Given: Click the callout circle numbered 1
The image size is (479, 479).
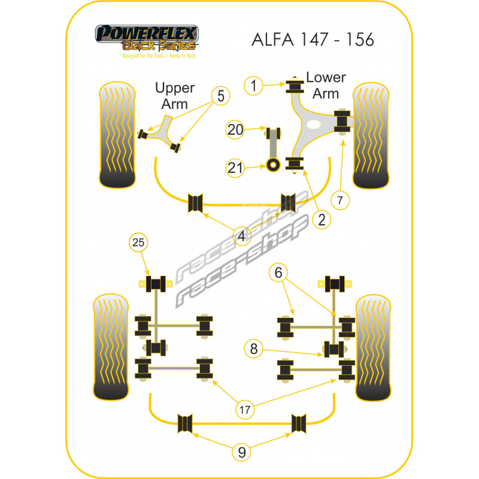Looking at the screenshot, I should pos(254,86).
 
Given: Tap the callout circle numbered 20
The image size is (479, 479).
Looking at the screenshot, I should pos(236,129).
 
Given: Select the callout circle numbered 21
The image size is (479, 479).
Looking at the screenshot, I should pos(236,168).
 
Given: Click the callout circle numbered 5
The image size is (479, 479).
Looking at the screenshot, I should pos(220,95).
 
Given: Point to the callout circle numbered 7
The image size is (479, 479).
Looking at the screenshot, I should pos(339,201).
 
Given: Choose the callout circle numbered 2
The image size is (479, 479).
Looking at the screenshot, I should pos(322,220).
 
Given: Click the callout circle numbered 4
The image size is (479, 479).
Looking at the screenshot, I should pos(242,237).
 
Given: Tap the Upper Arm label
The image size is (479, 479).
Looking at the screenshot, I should pos(175,95).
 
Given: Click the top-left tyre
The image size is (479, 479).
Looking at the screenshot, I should pos(116,135).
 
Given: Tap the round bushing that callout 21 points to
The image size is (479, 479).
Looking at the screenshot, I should pos(274,165).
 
